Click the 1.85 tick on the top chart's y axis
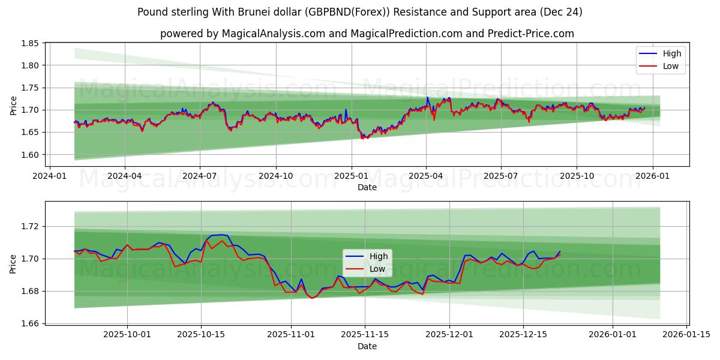(x=29, y=43)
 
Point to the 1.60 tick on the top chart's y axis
(x=29, y=154)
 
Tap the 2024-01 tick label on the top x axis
(x=49, y=176)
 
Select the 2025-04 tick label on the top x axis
(x=426, y=176)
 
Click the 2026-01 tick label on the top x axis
(x=652, y=176)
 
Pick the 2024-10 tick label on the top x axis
(x=276, y=176)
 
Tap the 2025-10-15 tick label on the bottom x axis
(x=201, y=335)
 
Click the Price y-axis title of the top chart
(x=13, y=105)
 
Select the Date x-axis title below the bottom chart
(x=367, y=346)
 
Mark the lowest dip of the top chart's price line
(x=362, y=139)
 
